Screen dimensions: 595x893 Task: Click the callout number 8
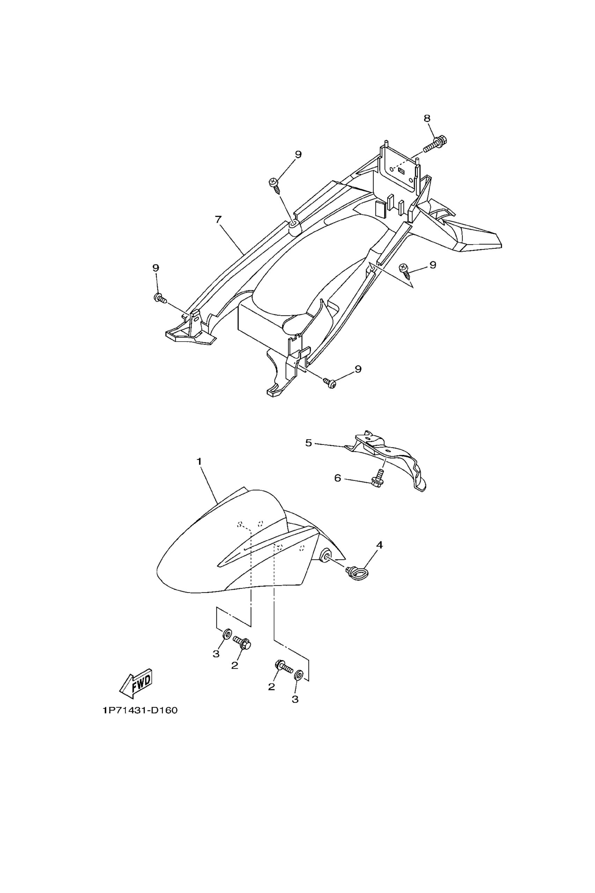click(427, 118)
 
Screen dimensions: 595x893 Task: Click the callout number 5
click(309, 443)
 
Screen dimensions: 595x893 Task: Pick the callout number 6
click(337, 478)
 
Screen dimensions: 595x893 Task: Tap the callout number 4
click(379, 545)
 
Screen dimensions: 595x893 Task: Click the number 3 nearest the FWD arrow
click(215, 654)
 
